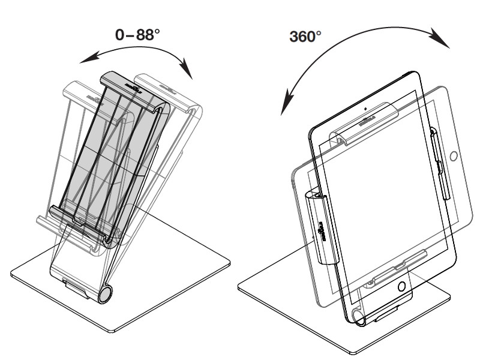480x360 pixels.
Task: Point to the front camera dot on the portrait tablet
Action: (365, 109)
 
